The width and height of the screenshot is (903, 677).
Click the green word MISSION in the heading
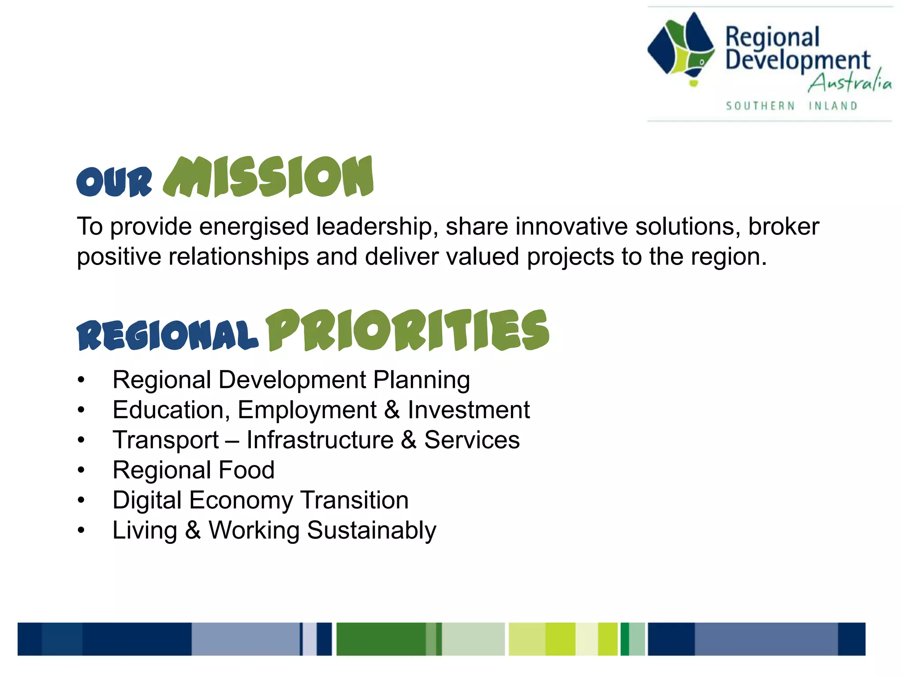(x=268, y=177)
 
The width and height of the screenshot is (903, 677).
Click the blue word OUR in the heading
(x=114, y=182)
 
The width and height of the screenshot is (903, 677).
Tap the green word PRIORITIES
(x=407, y=331)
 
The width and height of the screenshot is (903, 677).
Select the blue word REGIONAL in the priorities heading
(x=167, y=335)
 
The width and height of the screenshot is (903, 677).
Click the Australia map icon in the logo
(x=681, y=48)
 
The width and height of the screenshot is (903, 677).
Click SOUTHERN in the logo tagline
(x=760, y=106)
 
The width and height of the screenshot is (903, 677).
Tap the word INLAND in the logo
(x=833, y=106)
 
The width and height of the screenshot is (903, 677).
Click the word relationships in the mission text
(x=239, y=257)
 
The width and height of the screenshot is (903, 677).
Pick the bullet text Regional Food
(x=193, y=470)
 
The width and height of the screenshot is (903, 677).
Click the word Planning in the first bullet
(x=421, y=380)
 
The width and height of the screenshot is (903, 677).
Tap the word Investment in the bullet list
(x=468, y=410)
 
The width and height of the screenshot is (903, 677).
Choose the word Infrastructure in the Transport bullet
(x=320, y=440)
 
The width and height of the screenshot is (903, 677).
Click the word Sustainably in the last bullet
(x=371, y=530)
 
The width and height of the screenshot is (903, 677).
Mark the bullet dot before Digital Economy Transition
(x=81, y=500)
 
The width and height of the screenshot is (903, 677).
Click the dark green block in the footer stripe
(x=381, y=639)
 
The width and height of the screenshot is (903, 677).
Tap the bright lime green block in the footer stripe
(x=560, y=639)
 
